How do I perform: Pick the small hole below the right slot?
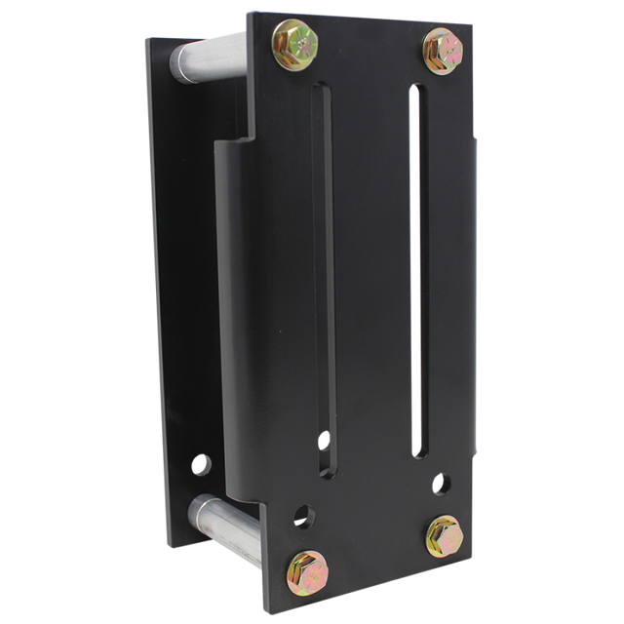click(441, 483)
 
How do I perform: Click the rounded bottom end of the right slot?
click(420, 452)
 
